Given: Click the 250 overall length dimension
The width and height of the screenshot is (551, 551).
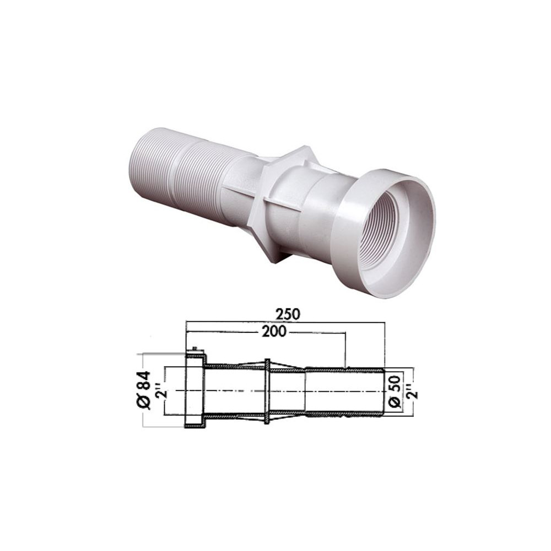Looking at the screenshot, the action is click(x=288, y=314).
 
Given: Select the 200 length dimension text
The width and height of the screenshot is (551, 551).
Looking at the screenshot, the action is click(x=274, y=331).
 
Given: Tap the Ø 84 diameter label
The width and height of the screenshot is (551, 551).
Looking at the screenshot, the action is click(x=144, y=390).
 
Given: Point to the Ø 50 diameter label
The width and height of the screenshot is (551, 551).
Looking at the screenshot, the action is click(x=395, y=391).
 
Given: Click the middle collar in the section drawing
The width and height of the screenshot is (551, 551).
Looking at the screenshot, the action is click(x=267, y=391).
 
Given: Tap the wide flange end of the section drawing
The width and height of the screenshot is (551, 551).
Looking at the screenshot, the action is click(x=195, y=391).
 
